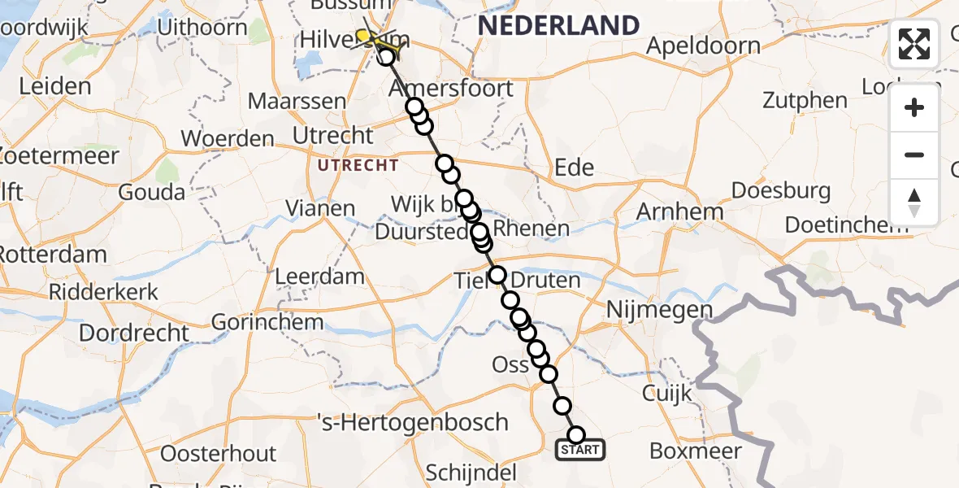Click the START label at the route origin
click(x=580, y=449)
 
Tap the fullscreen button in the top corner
click(x=914, y=44)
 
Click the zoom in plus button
click(x=914, y=107)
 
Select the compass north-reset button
click(x=914, y=202)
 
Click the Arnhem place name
click(x=680, y=211)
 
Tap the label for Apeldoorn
click(x=703, y=46)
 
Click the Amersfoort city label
click(x=452, y=88)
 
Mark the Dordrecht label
click(x=134, y=333)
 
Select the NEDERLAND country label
click(x=558, y=25)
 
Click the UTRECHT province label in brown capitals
click(x=358, y=165)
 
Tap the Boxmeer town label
click(x=696, y=451)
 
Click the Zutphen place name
click(x=804, y=101)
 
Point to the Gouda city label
click(x=151, y=192)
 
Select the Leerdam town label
click(x=319, y=276)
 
